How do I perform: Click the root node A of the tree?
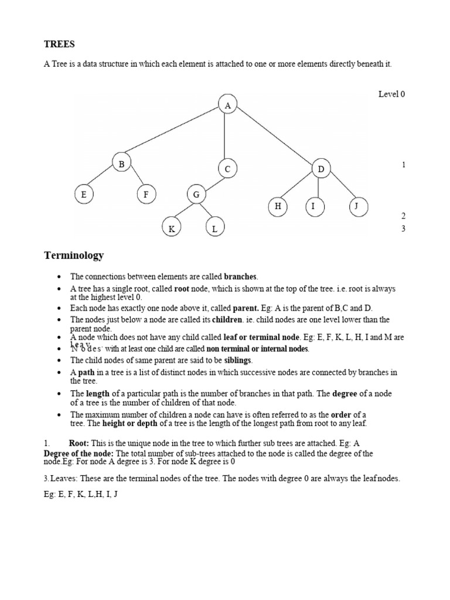227,105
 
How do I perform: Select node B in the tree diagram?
122,164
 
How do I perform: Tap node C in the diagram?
227,169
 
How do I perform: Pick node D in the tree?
321,169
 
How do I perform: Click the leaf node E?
84,194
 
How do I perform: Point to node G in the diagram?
196,194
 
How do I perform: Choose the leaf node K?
172,229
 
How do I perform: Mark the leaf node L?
214,229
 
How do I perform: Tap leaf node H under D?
278,206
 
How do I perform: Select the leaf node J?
357,206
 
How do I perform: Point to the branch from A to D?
274,137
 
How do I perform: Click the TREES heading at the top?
60,44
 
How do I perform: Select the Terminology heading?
74,255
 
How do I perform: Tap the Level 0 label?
391,94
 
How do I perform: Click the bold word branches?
240,276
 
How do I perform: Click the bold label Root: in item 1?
80,444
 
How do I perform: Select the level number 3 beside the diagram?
403,229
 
